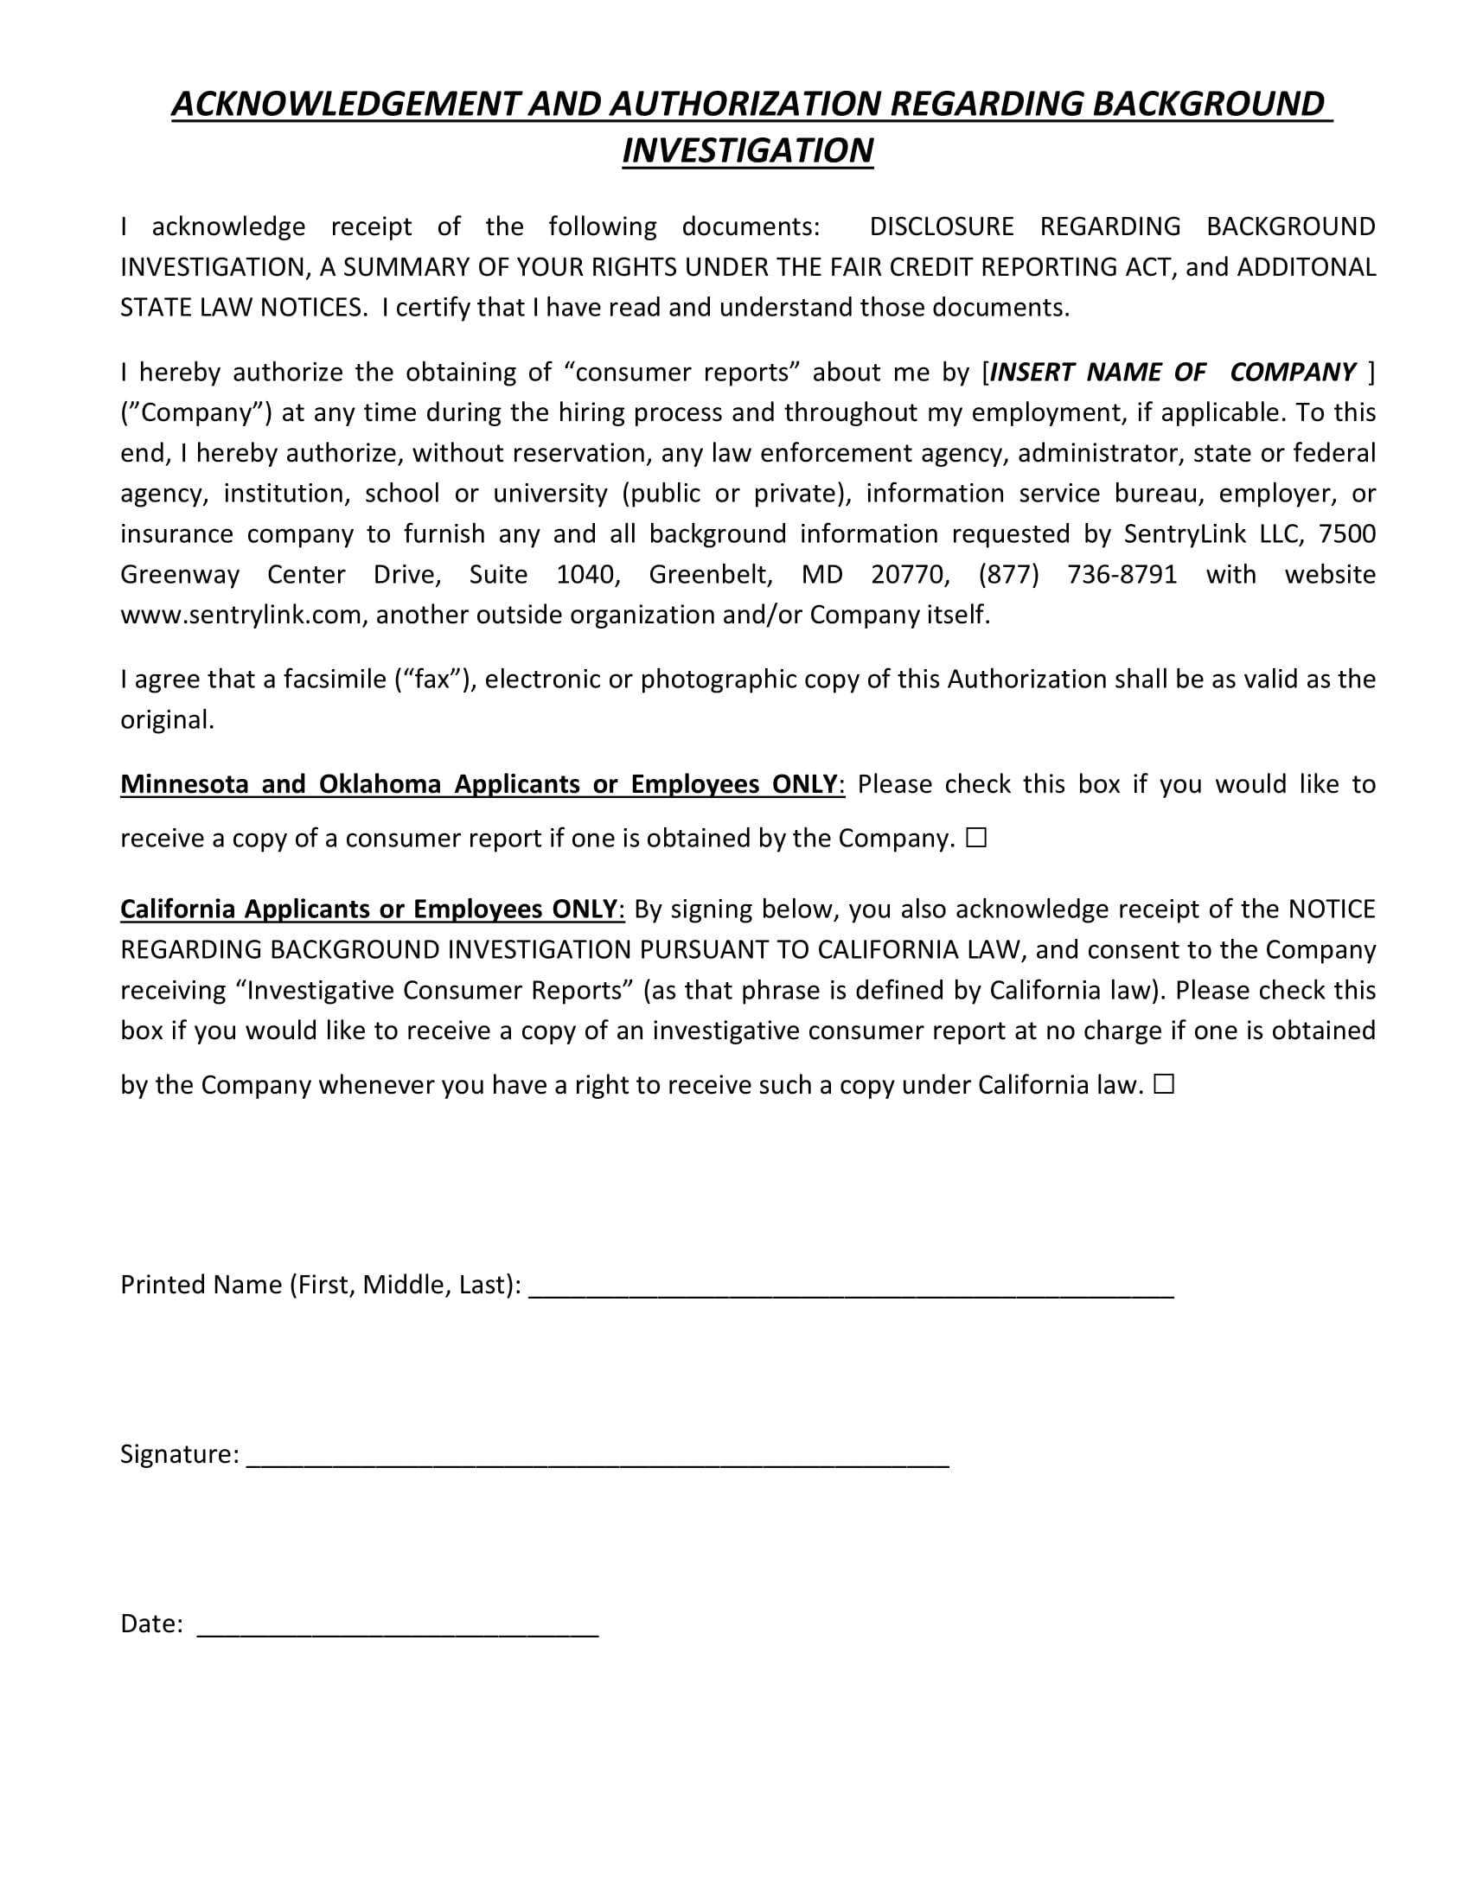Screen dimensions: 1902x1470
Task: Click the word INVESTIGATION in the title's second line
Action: click(747, 150)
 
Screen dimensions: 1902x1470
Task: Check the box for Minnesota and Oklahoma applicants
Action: click(976, 838)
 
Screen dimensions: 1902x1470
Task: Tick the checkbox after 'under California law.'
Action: click(1165, 1084)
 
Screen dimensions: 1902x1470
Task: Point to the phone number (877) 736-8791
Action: click(1077, 575)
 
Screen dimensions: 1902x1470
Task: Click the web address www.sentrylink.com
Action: click(240, 616)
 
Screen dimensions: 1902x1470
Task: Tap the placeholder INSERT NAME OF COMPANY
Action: click(1173, 373)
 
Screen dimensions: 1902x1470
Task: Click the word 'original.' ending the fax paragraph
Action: click(167, 720)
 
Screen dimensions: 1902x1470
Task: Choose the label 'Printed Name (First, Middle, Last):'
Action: click(321, 1285)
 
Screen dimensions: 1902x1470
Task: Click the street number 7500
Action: click(1347, 533)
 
